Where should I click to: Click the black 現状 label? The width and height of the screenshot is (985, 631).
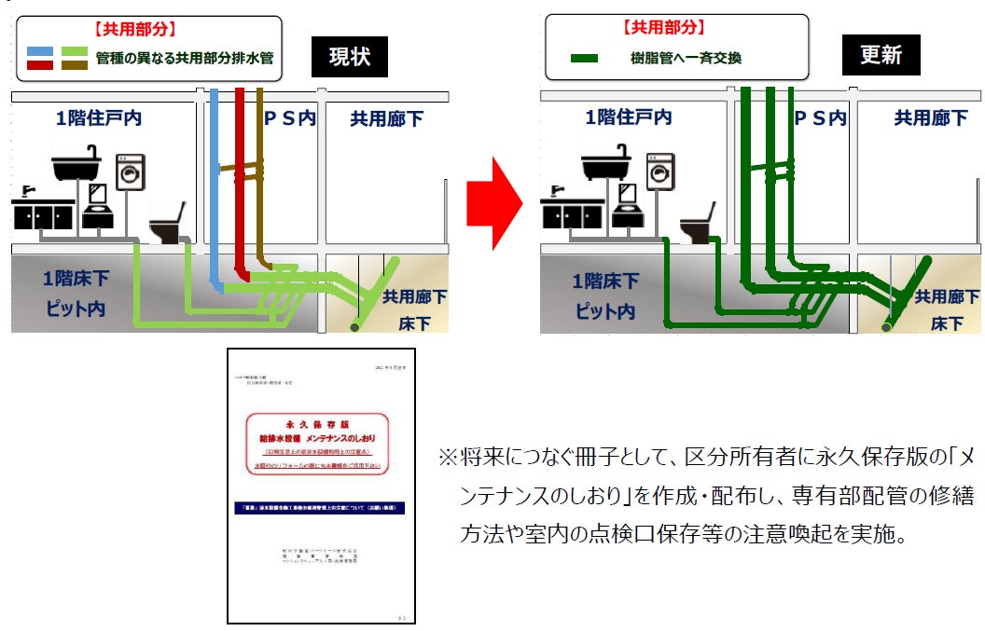tap(350, 56)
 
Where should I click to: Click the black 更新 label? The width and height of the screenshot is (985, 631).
tap(880, 56)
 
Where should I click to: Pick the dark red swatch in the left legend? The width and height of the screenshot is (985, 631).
tap(39, 65)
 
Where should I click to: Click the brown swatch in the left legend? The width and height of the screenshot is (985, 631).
tap(74, 65)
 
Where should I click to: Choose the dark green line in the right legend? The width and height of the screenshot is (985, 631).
tap(584, 59)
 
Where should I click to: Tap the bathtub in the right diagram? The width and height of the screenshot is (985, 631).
tap(612, 164)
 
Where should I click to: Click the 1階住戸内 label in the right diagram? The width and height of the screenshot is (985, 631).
tap(628, 118)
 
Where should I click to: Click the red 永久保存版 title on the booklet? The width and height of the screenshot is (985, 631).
tap(321, 421)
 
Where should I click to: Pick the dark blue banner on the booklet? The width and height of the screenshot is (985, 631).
tap(321, 508)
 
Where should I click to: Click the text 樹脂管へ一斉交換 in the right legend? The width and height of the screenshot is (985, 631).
tap(686, 59)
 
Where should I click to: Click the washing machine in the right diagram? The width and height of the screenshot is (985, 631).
tap(660, 172)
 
